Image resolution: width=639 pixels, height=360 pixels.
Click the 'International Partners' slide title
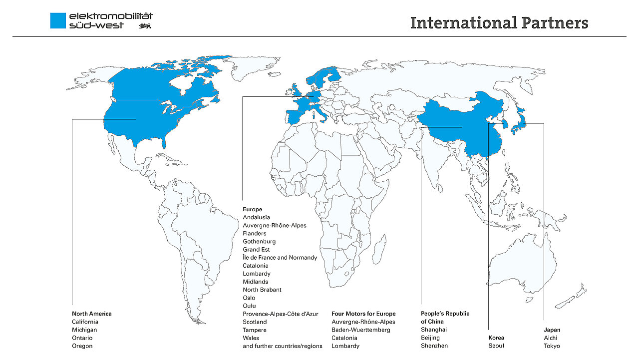click(x=499, y=23)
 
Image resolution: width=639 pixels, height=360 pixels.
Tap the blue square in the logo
click(x=58, y=20)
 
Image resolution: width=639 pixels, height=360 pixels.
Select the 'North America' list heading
click(x=92, y=314)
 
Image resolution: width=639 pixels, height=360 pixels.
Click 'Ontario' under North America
click(x=82, y=338)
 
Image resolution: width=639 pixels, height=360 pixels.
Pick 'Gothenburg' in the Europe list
click(x=259, y=242)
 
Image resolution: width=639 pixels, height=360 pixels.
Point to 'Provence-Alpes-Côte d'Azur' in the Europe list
click(x=280, y=314)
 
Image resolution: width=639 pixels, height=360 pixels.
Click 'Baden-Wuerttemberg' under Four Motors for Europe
click(x=360, y=330)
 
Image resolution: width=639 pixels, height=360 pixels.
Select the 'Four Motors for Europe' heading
click(x=363, y=314)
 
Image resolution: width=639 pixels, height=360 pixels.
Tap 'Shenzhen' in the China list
click(x=434, y=346)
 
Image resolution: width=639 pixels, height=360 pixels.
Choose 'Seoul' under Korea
click(x=496, y=346)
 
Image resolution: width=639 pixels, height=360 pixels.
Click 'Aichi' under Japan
click(x=551, y=338)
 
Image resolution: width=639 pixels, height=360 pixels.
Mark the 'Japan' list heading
click(x=552, y=330)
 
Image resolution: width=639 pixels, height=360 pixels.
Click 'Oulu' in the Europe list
click(x=249, y=306)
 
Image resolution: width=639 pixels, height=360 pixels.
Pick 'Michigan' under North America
click(x=84, y=330)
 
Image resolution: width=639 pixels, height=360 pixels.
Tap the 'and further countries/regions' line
click(x=283, y=346)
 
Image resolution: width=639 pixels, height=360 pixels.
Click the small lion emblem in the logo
click(x=145, y=25)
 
